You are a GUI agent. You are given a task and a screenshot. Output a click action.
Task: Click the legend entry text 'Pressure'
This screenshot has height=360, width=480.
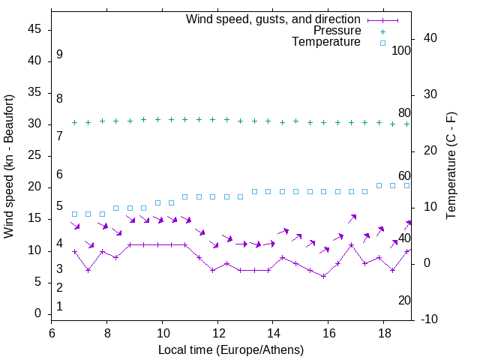[x=337, y=31]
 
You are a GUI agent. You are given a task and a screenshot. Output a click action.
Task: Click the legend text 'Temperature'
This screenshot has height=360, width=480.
[x=326, y=42]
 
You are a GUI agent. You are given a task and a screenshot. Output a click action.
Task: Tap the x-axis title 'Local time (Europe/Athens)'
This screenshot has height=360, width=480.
[x=231, y=350]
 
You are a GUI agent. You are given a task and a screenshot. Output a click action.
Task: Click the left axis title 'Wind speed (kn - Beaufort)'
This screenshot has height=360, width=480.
[x=9, y=167]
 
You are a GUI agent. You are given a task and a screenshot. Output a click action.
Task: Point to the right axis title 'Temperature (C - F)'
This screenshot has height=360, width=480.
[x=451, y=167]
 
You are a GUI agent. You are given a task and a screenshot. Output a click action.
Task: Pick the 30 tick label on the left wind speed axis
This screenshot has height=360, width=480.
[x=34, y=124]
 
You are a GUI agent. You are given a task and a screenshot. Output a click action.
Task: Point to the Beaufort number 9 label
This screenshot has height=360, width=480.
[x=59, y=55]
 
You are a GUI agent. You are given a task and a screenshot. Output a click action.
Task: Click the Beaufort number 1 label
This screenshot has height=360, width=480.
[x=59, y=307]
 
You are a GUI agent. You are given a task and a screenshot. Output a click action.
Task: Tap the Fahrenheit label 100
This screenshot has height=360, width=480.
[x=401, y=51]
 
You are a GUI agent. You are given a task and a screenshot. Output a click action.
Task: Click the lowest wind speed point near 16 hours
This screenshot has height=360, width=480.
[x=323, y=276]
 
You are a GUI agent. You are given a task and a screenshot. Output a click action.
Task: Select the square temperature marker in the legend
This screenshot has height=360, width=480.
[x=382, y=43]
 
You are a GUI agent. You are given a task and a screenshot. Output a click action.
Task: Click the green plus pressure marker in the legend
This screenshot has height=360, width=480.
[x=382, y=31]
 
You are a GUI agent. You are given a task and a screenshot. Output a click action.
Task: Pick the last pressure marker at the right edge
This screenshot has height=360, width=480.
[x=406, y=124]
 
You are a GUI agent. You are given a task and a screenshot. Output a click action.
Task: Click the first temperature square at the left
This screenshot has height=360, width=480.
[x=74, y=214]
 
